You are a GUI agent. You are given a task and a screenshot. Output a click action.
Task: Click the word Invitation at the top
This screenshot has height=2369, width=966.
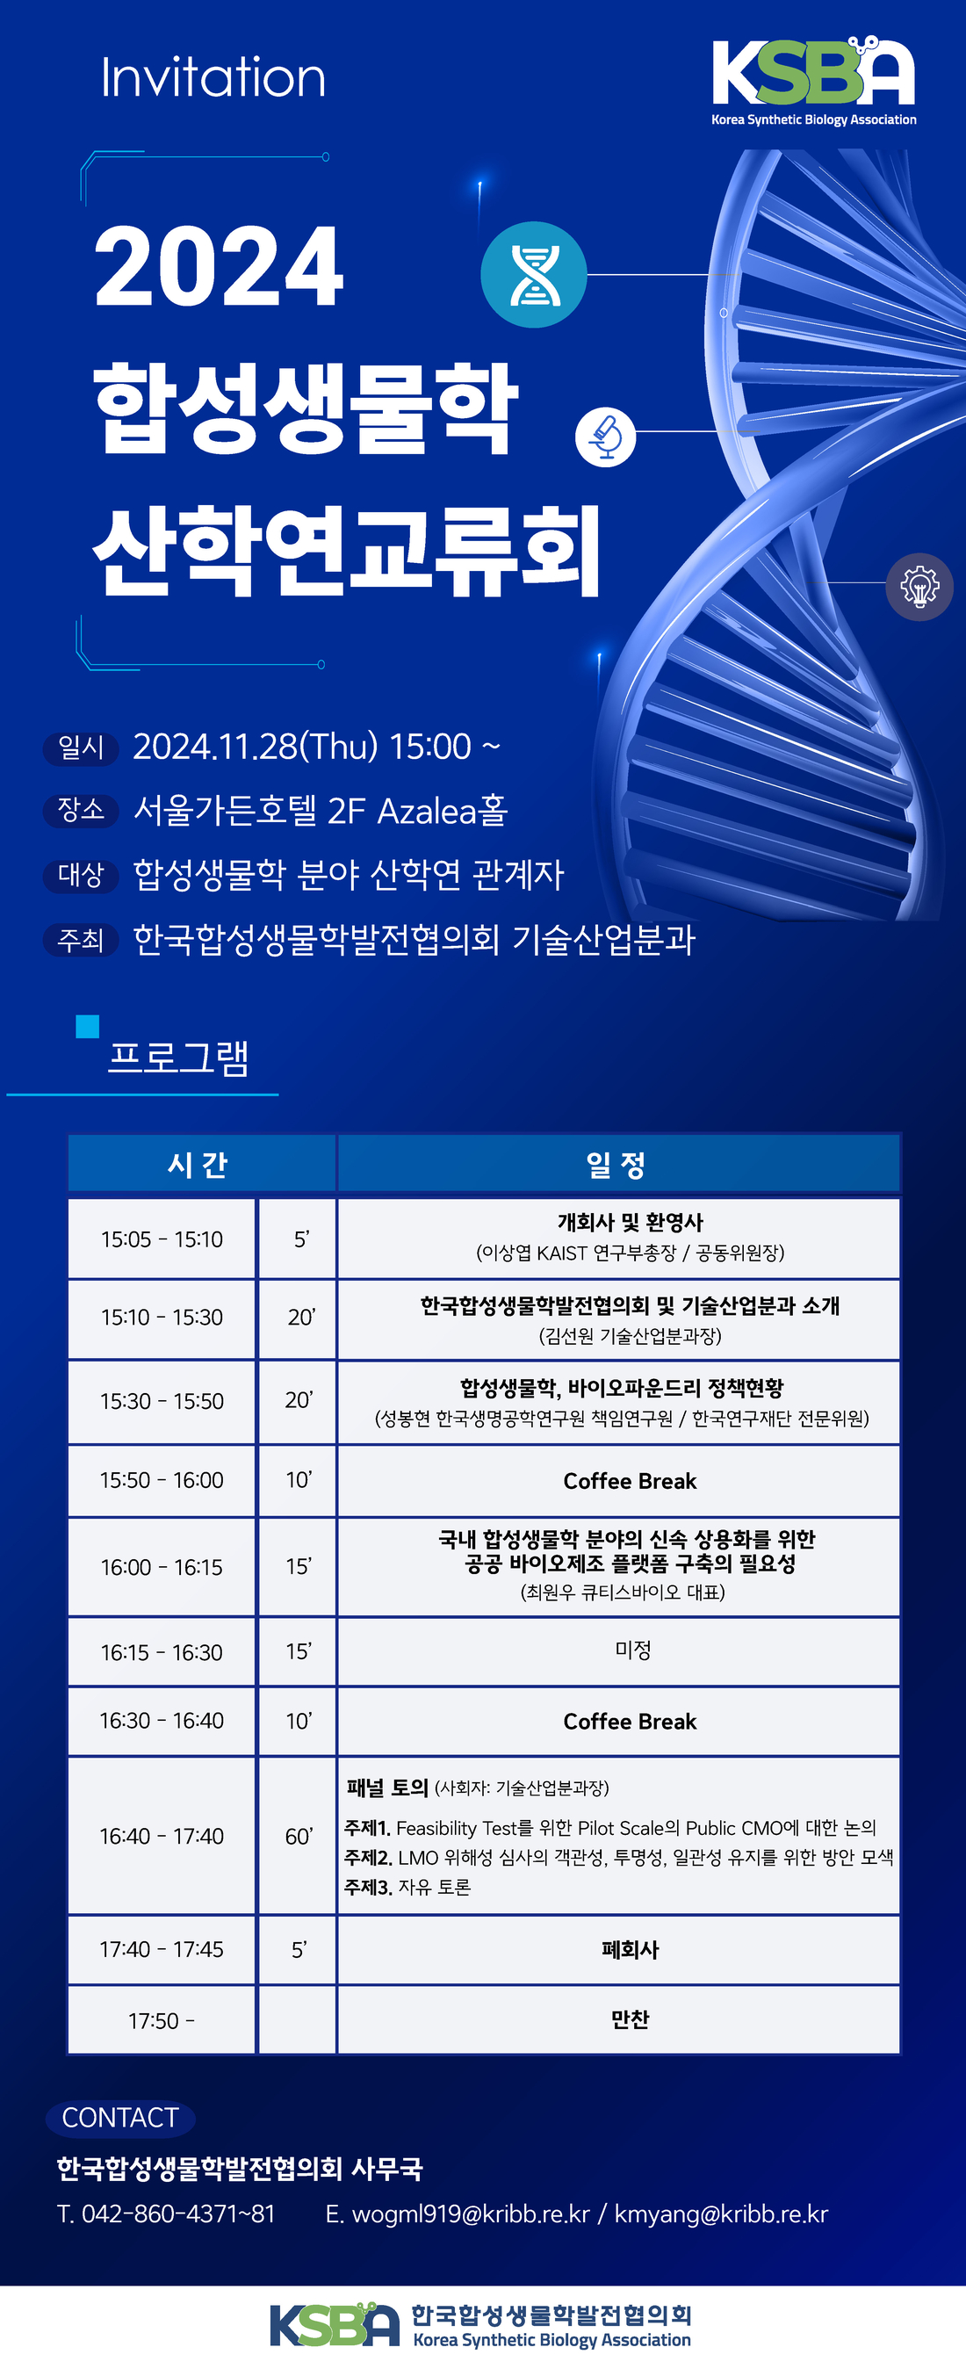(213, 76)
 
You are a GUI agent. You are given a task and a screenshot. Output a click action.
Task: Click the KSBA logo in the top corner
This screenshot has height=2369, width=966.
(813, 81)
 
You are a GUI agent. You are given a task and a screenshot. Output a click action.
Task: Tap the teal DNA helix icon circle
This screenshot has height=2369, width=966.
(534, 274)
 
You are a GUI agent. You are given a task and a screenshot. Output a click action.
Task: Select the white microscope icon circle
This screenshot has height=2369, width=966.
(606, 436)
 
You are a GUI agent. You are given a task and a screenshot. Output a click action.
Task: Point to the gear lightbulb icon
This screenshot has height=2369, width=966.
(919, 587)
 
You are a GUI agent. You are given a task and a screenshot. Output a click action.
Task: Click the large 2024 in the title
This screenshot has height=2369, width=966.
(219, 267)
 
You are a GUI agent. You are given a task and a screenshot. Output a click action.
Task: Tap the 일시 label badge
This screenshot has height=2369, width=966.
(81, 748)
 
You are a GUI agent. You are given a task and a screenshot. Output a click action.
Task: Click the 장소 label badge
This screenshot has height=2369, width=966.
(81, 810)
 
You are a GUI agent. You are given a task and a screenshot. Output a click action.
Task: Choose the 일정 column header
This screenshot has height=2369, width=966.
(618, 1163)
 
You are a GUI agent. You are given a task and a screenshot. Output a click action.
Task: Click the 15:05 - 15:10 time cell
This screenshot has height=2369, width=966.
(162, 1239)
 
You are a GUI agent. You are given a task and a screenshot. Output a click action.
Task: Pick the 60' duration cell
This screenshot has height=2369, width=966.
(298, 1836)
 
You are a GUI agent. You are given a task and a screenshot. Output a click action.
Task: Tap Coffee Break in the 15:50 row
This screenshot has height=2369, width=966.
(630, 1481)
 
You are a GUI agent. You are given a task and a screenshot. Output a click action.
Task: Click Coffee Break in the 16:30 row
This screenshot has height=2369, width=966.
(630, 1721)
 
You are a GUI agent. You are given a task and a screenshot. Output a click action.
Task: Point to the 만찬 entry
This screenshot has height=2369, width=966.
(630, 2019)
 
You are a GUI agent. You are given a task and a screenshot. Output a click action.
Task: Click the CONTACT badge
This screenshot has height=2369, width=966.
(119, 2118)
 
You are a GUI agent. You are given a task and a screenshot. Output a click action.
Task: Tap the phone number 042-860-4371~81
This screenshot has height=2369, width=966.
(178, 2214)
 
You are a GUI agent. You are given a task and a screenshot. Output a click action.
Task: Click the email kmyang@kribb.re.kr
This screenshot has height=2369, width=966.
(721, 2214)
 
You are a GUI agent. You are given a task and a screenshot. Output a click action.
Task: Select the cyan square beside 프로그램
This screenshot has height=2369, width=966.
(87, 1026)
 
